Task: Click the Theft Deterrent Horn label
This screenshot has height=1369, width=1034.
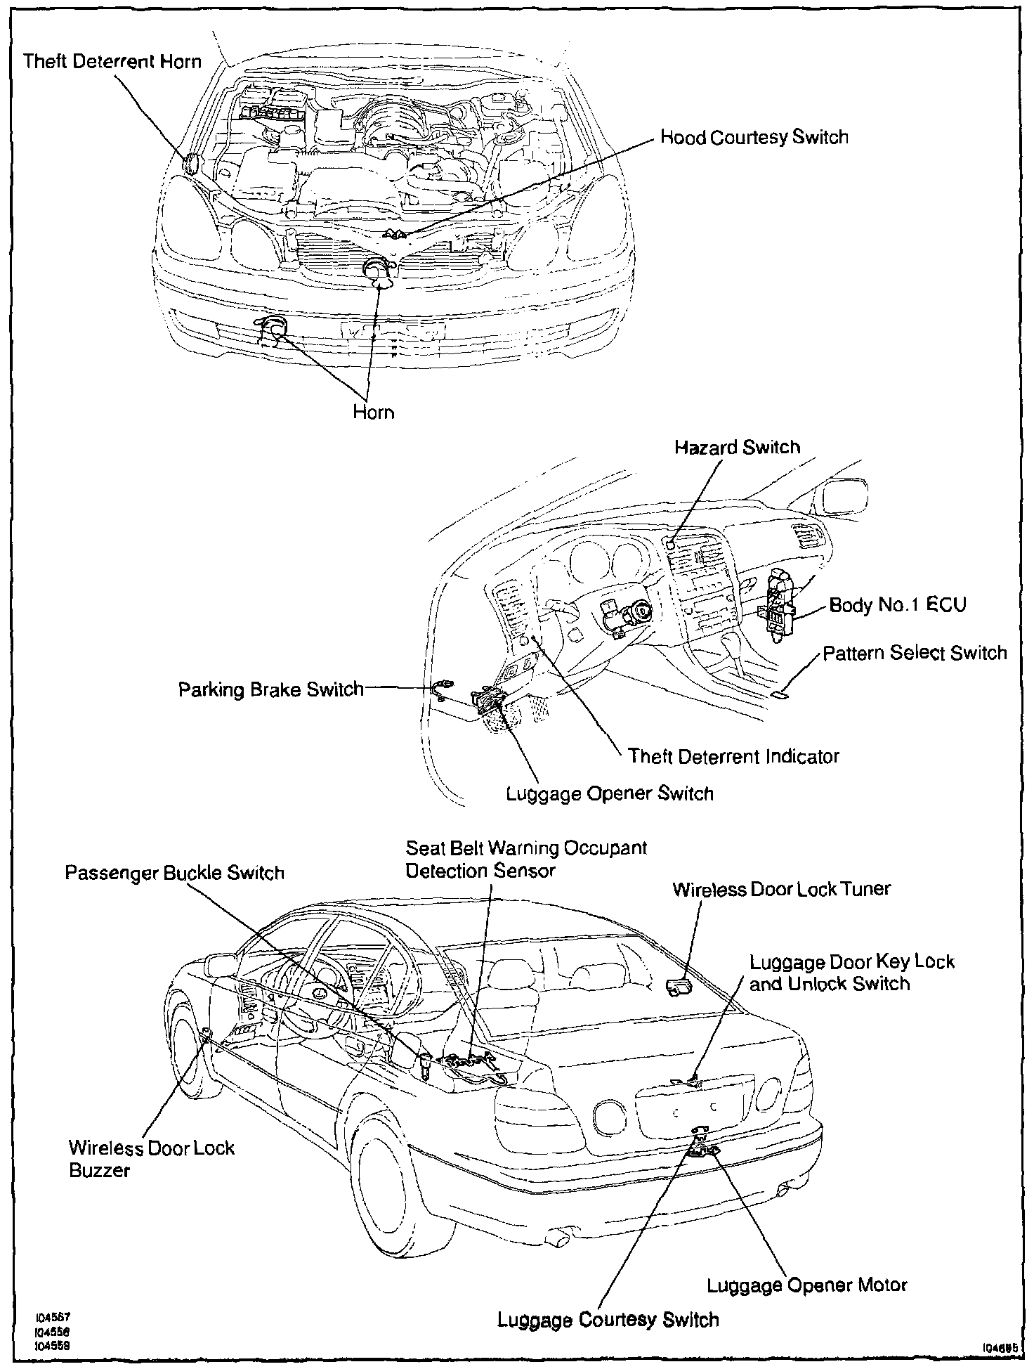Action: tap(112, 61)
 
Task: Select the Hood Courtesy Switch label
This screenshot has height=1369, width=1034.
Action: tap(754, 137)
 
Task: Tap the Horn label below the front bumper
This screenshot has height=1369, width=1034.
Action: tap(373, 412)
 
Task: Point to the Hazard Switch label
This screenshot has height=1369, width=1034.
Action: tap(737, 448)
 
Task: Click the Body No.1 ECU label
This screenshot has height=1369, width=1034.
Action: tap(897, 605)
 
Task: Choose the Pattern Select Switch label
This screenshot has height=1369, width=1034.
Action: tap(915, 653)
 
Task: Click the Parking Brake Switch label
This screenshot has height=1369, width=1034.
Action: tap(270, 689)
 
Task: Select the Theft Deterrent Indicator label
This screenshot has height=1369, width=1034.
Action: tap(733, 756)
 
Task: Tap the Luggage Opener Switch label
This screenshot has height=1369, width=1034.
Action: tap(610, 793)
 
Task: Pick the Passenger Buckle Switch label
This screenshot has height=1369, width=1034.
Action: tap(174, 873)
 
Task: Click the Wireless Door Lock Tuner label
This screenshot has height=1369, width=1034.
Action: tap(781, 889)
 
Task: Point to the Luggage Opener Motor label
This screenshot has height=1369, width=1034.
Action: tap(806, 1285)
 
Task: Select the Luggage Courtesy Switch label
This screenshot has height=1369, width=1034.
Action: tap(608, 1319)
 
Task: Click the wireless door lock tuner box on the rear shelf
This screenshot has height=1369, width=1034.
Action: tap(678, 987)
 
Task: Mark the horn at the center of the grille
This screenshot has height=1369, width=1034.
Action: tap(378, 270)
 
